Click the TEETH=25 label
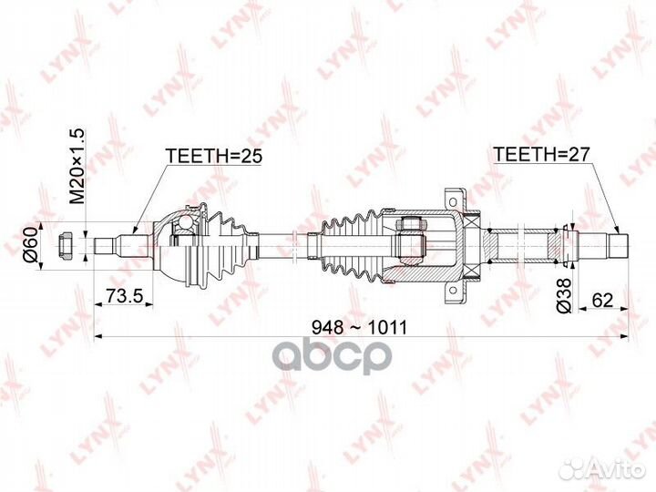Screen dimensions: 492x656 (x=213, y=156)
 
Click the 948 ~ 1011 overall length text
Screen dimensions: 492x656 (x=361, y=326)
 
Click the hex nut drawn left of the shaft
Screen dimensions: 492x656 (x=67, y=244)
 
